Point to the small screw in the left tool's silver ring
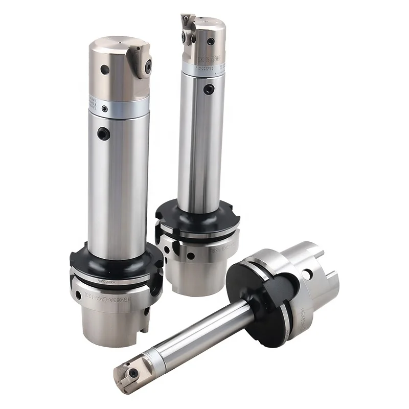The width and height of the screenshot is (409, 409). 105,109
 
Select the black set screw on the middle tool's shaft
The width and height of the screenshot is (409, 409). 207,89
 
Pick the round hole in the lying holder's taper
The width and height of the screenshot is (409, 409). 307,275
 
